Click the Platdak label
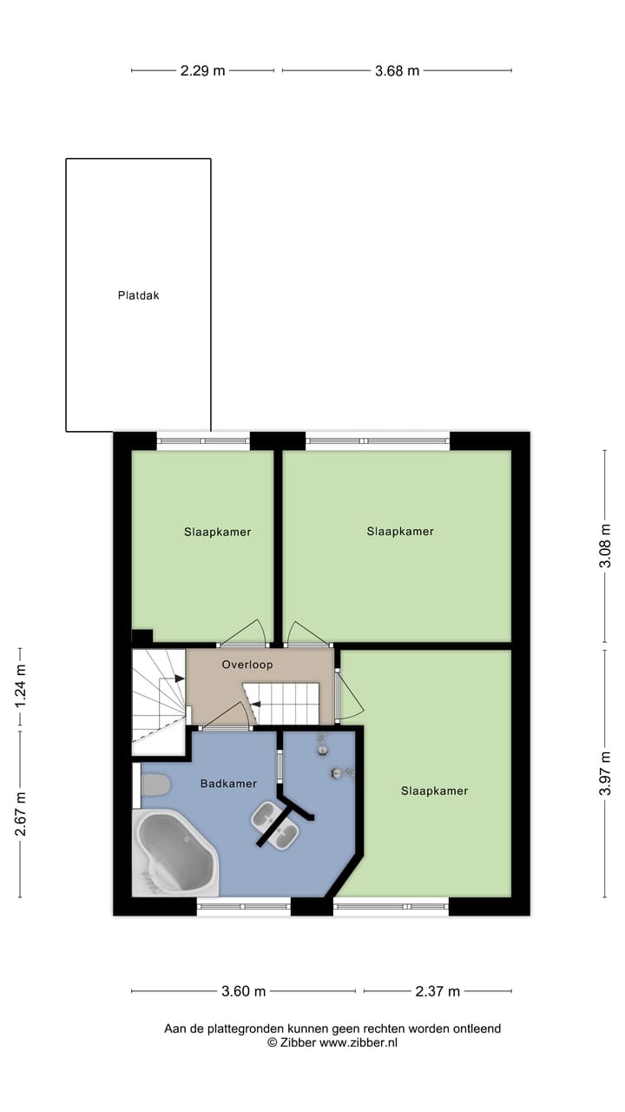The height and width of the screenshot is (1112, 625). (x=139, y=295)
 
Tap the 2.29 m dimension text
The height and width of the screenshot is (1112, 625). (x=202, y=71)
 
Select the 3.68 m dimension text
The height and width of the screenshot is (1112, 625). (x=397, y=71)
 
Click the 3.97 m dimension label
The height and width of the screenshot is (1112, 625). (x=605, y=773)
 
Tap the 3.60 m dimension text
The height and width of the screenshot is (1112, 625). (x=244, y=991)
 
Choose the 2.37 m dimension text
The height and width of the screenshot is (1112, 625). (x=437, y=991)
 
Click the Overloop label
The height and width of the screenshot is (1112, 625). (x=247, y=665)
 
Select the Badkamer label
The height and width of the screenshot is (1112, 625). (x=228, y=784)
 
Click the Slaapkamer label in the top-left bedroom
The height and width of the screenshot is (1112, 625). (x=217, y=532)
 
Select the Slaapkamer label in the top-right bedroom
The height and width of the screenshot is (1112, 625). (x=400, y=531)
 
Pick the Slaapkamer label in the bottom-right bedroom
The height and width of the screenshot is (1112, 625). (x=434, y=791)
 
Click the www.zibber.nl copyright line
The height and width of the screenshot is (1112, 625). (x=332, y=1042)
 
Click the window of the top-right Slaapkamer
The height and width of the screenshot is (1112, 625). (x=378, y=441)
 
